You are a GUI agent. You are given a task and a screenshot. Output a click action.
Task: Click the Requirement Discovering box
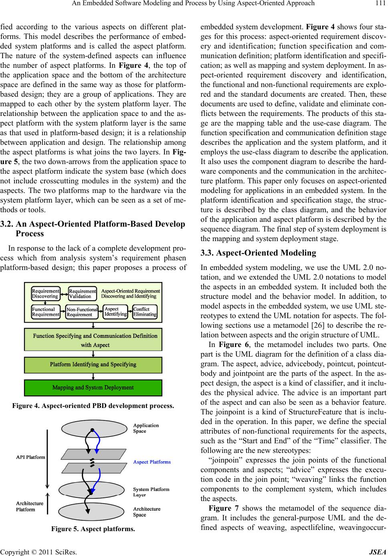pyautogui.click(x=45, y=293)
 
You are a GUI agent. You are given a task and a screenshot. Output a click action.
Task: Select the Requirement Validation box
pyautogui.click(x=82, y=294)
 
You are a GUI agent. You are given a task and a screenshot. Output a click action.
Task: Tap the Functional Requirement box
pyautogui.click(x=45, y=312)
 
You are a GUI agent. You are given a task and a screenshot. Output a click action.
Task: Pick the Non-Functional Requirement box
pyautogui.click(x=82, y=312)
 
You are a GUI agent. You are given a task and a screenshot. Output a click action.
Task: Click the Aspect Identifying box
pyautogui.click(x=115, y=311)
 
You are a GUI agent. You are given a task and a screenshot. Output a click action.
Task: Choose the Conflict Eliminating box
pyautogui.click(x=145, y=312)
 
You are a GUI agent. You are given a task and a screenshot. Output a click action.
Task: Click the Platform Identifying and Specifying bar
pyautogui.click(x=93, y=365)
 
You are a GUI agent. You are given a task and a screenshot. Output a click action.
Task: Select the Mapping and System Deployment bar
pyautogui.click(x=93, y=388)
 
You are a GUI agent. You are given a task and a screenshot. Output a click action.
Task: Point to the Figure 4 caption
pyautogui.click(x=93, y=406)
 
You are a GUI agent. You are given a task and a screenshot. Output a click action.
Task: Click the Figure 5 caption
pyautogui.click(x=93, y=529)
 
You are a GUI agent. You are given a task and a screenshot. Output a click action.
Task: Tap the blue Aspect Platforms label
pyautogui.click(x=152, y=462)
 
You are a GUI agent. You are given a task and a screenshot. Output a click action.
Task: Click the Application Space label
pyautogui.click(x=146, y=428)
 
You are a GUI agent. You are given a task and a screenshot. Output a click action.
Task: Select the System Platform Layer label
pyautogui.click(x=151, y=492)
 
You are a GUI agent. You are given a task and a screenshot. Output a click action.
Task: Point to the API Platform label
pyautogui.click(x=30, y=457)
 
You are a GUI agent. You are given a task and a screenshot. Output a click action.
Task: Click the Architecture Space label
pyautogui.click(x=147, y=512)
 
